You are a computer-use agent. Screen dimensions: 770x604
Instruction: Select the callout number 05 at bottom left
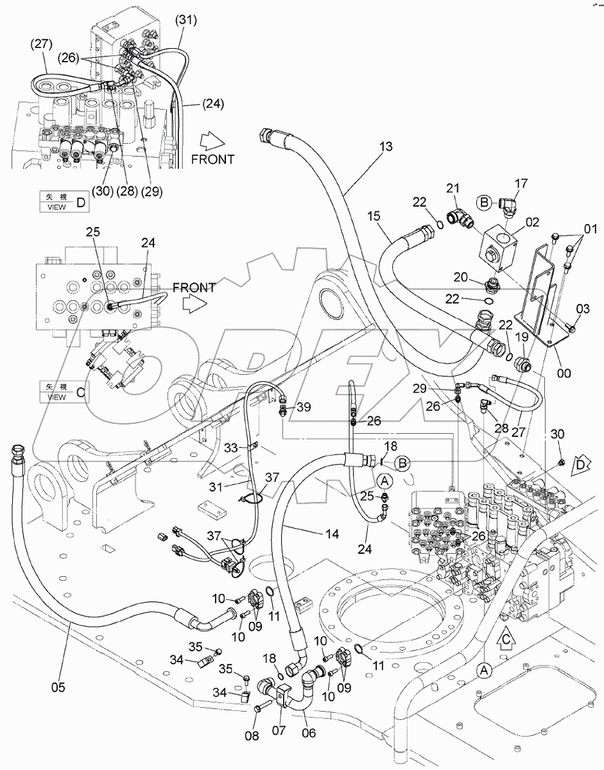click(x=58, y=687)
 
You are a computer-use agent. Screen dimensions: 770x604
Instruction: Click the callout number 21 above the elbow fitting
click(x=454, y=187)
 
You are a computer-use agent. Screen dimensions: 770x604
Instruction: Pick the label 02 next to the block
click(x=532, y=224)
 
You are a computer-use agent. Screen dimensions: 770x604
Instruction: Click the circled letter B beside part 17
click(x=484, y=203)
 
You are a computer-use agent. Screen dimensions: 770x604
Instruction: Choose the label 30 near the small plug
click(x=557, y=434)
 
